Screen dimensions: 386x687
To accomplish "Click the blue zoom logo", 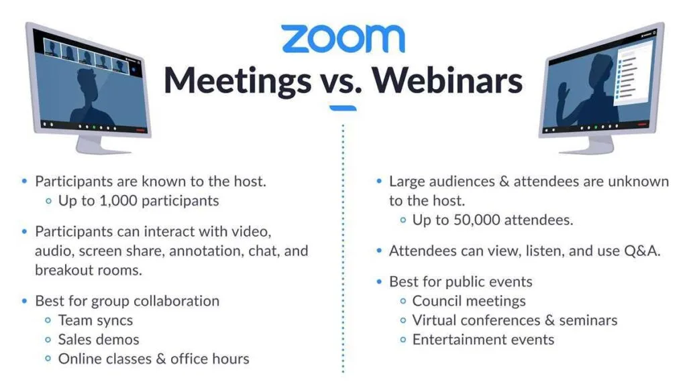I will click(x=343, y=38).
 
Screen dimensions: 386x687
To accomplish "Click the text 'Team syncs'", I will click(x=95, y=320).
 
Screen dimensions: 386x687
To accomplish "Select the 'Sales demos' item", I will click(x=99, y=339).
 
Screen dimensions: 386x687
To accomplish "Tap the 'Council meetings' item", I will click(x=469, y=301).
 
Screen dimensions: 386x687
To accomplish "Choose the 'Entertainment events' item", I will click(x=483, y=339).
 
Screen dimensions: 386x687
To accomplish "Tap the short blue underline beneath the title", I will click(x=343, y=108).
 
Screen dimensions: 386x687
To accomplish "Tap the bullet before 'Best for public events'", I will click(x=380, y=281).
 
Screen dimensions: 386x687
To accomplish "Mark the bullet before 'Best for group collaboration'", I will click(x=25, y=301).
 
